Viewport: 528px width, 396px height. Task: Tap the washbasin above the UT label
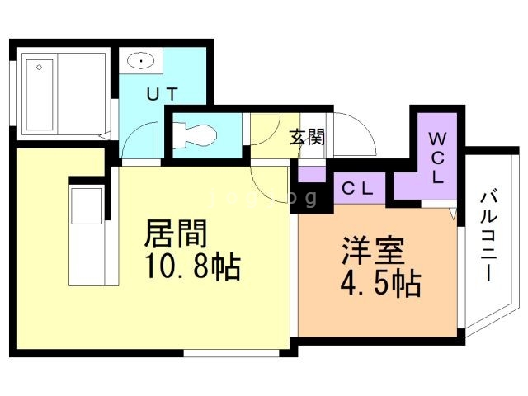[x=140, y=60]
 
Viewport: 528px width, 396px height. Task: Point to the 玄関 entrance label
[x=306, y=136]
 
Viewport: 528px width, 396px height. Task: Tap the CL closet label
[x=358, y=188]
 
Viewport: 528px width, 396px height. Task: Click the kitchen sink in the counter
[x=86, y=206]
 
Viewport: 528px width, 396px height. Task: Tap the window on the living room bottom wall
[x=218, y=353]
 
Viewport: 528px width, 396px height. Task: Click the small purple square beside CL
[x=312, y=174]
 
